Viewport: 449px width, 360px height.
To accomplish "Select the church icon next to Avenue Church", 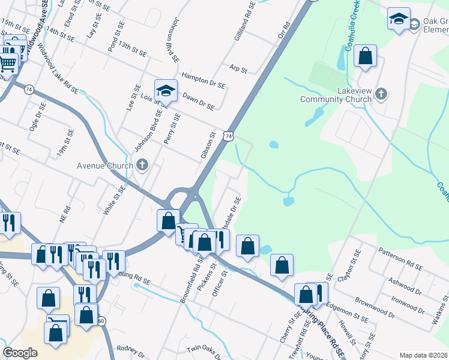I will pyautogui.click(x=142, y=164).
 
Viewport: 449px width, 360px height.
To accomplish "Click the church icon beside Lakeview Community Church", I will pyautogui.click(x=381, y=94).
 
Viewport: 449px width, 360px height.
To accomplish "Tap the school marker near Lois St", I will pyautogui.click(x=166, y=91).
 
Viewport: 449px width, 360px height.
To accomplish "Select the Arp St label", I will pyautogui.click(x=239, y=70).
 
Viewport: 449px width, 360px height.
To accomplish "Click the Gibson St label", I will pyautogui.click(x=207, y=148).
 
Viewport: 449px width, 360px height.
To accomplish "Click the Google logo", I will pyautogui.click(x=20, y=353).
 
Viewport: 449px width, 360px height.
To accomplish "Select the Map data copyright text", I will pyautogui.click(x=423, y=355).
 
